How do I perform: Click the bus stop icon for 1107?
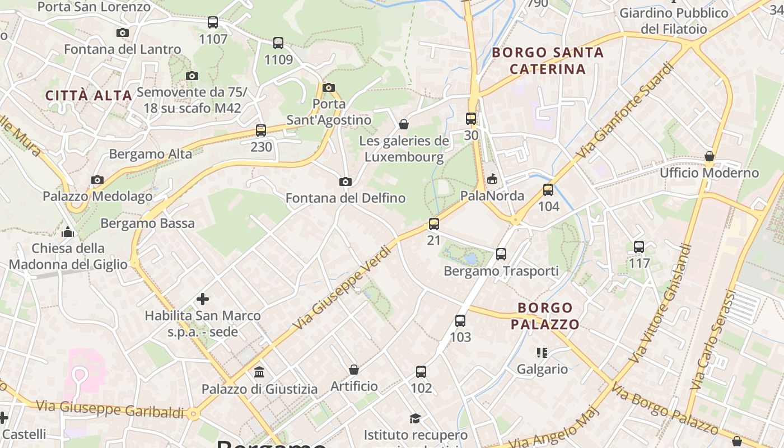(213, 22)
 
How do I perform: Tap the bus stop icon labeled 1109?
(278, 43)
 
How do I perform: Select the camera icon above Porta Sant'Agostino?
(329, 87)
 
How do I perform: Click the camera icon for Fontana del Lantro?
(123, 33)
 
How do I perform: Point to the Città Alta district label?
(88, 96)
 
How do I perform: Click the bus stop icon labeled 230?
(261, 130)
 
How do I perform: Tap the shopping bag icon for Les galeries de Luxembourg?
(404, 124)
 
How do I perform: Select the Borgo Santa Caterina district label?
(548, 61)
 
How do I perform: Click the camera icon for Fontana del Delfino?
(346, 181)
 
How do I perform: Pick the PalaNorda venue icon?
(492, 179)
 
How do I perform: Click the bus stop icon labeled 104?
(548, 190)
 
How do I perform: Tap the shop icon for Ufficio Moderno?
(710, 156)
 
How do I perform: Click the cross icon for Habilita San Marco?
(203, 299)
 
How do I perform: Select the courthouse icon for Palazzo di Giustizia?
(260, 372)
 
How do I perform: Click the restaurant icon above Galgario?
(542, 352)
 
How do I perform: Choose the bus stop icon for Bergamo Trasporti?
(501, 254)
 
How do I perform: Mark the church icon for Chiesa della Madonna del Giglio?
(68, 231)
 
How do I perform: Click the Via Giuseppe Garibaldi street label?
(110, 409)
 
